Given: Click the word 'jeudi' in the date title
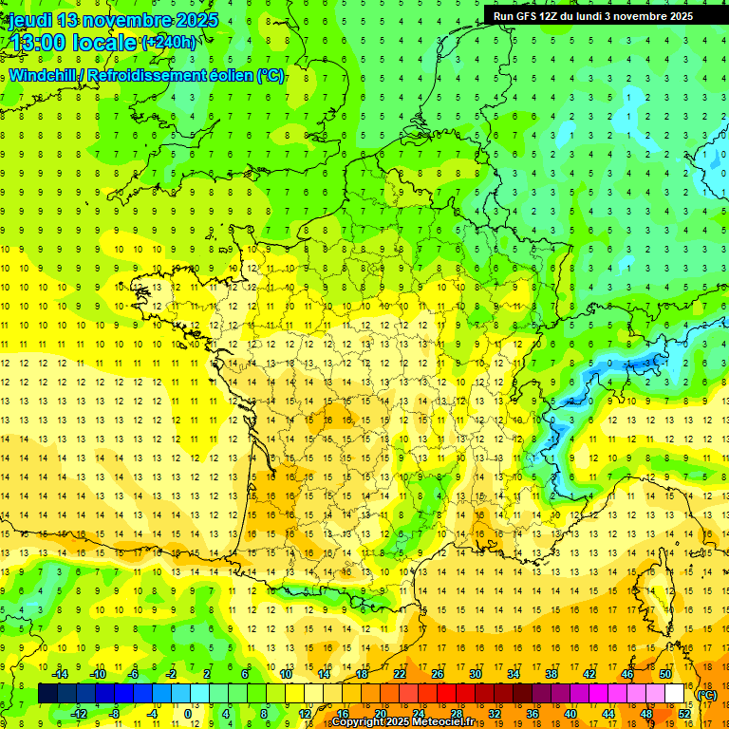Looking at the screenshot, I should pyautogui.click(x=29, y=19).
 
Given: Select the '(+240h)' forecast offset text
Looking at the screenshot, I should pyautogui.click(x=169, y=42).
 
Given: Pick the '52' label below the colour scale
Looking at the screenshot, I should pyautogui.click(x=684, y=714).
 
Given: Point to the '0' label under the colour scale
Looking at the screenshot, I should pyautogui.click(x=188, y=714).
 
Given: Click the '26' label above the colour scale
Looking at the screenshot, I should pyautogui.click(x=438, y=674).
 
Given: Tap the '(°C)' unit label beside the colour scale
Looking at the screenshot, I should pyautogui.click(x=707, y=695).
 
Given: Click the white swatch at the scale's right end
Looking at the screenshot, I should pyautogui.click(x=675, y=694).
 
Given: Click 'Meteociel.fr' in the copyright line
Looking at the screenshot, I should pyautogui.click(x=441, y=722).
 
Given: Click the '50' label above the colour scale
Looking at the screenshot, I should pyautogui.click(x=665, y=674).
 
